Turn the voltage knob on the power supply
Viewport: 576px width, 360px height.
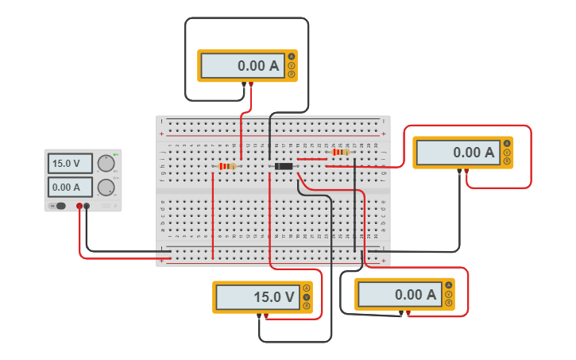tap(105, 164)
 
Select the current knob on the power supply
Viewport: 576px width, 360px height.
tap(105, 188)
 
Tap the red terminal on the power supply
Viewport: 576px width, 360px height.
tap(79, 207)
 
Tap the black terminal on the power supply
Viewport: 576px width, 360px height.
tap(87, 207)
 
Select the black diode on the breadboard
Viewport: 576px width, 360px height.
tap(284, 166)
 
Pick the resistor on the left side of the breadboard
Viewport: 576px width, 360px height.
tap(227, 166)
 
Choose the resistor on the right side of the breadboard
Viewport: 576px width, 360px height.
tap(341, 152)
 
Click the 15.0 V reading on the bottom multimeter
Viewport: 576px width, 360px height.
tap(255, 297)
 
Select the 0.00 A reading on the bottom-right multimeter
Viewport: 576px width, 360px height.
tap(398, 295)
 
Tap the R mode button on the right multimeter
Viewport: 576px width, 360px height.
tap(507, 161)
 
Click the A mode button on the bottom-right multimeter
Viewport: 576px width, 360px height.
tap(449, 285)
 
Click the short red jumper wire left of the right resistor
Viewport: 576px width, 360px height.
tap(311, 159)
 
